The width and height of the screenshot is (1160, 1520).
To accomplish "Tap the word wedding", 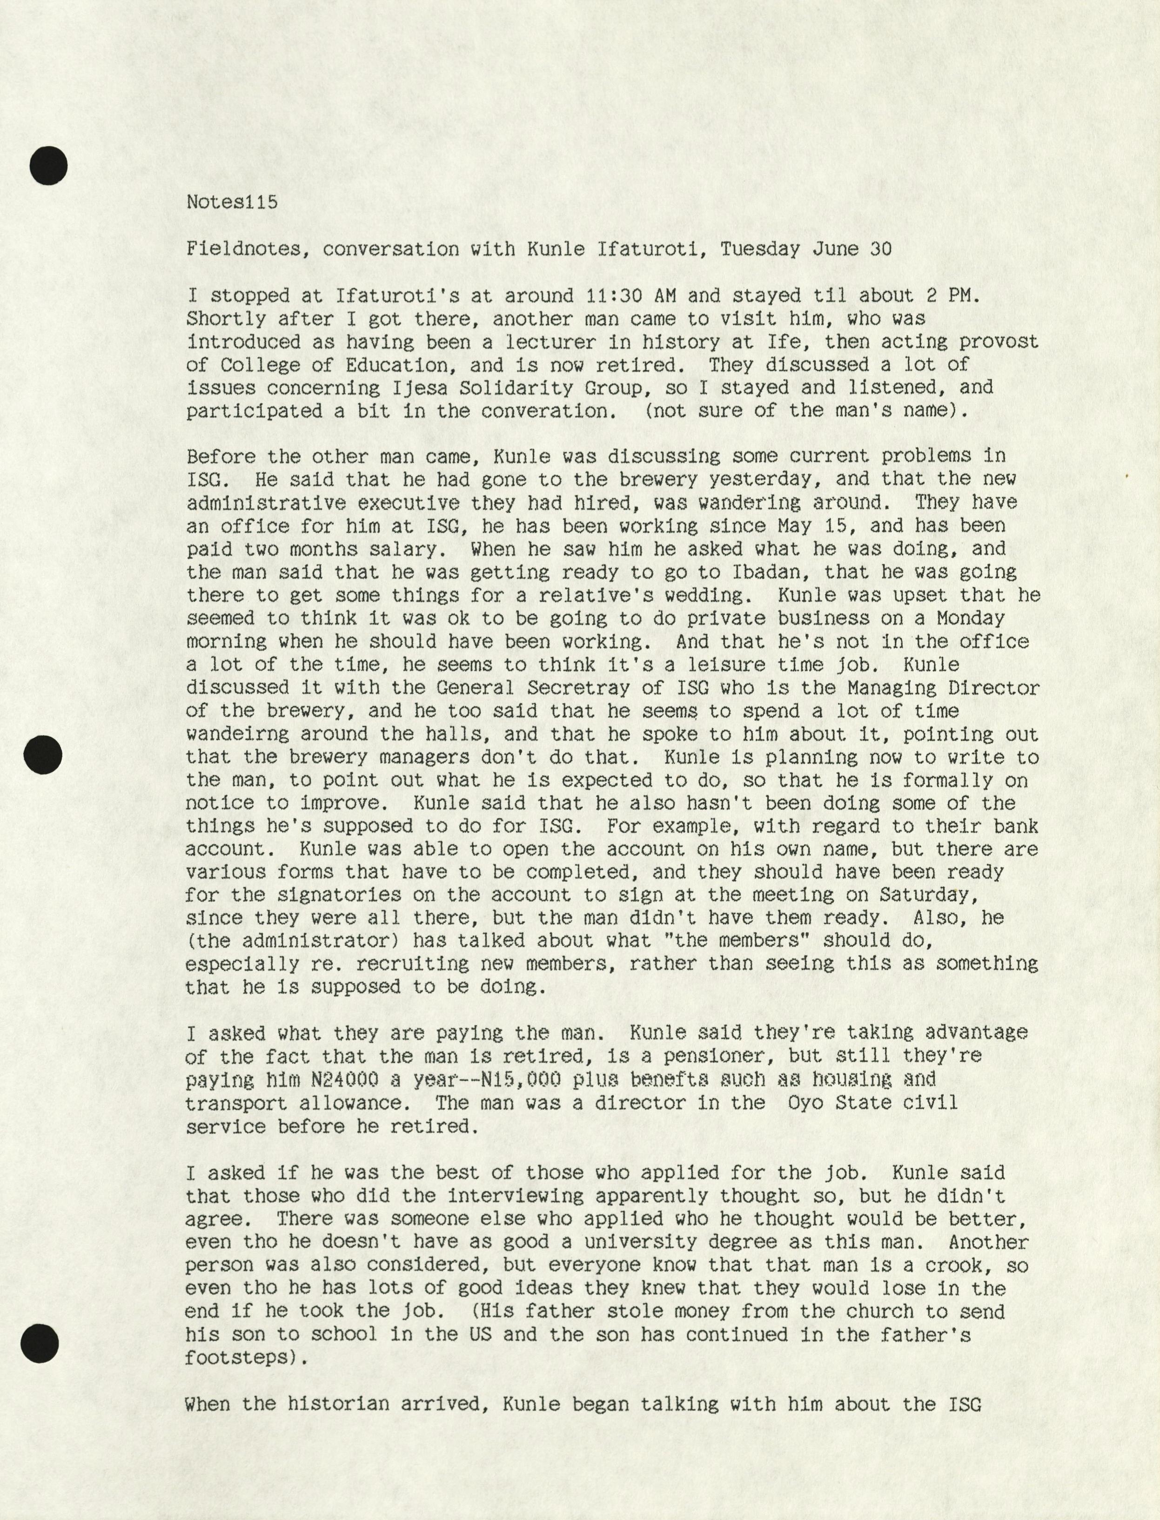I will click(720, 595).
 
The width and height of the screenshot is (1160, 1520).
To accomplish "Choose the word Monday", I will click(970, 618).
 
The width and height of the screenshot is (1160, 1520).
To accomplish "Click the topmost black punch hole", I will click(48, 166).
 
